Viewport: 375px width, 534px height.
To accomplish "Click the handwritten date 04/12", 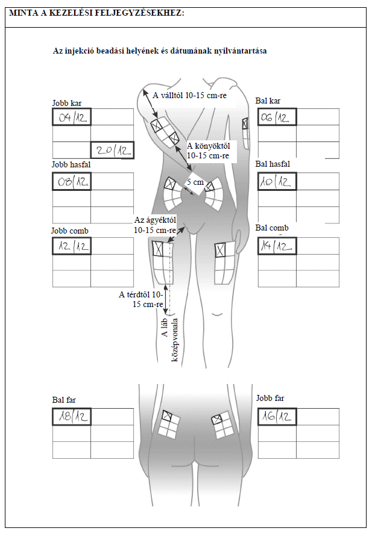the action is (x=72, y=118).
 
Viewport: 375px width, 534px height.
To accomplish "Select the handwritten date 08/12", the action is (x=72, y=181).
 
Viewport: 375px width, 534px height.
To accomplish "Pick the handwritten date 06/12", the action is (x=275, y=118).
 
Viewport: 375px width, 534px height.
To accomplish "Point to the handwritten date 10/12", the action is (x=276, y=182).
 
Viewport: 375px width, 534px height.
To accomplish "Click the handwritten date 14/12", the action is (x=276, y=246).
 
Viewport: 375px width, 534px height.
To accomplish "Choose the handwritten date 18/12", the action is (x=72, y=417).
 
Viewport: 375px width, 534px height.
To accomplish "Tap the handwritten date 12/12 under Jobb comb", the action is (x=73, y=246).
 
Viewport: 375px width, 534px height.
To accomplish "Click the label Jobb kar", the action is (x=67, y=103).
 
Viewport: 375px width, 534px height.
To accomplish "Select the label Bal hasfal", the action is (x=273, y=164).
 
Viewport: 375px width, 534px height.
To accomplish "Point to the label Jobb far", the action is (x=270, y=398).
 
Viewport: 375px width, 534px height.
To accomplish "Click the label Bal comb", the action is (x=272, y=228).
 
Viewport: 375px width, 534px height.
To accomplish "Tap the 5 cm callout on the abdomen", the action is (x=195, y=182).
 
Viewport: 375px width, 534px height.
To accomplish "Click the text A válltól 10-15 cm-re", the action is (x=189, y=95).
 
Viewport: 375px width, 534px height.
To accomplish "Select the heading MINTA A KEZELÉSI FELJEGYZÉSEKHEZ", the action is (x=96, y=13).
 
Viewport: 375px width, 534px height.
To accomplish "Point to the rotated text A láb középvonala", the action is (x=170, y=340).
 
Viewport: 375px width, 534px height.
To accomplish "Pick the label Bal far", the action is (x=64, y=400).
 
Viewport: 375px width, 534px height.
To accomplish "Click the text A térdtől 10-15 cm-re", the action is (x=141, y=299).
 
